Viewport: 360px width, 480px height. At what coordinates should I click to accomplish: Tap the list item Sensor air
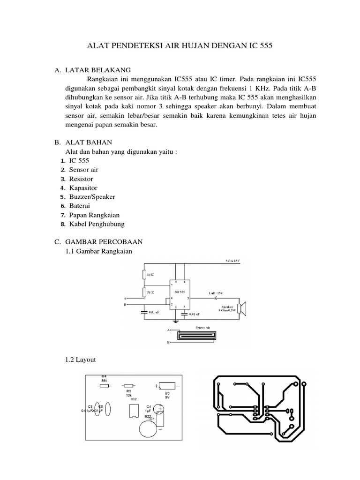[84, 170]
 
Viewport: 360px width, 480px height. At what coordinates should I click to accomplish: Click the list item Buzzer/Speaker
[92, 197]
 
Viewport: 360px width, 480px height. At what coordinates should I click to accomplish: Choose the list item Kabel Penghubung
[97, 224]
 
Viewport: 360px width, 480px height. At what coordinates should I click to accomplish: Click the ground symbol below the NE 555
[176, 321]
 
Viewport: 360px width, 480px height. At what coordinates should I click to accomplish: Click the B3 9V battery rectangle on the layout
[167, 386]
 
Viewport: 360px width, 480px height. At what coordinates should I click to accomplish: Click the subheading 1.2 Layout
[81, 360]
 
